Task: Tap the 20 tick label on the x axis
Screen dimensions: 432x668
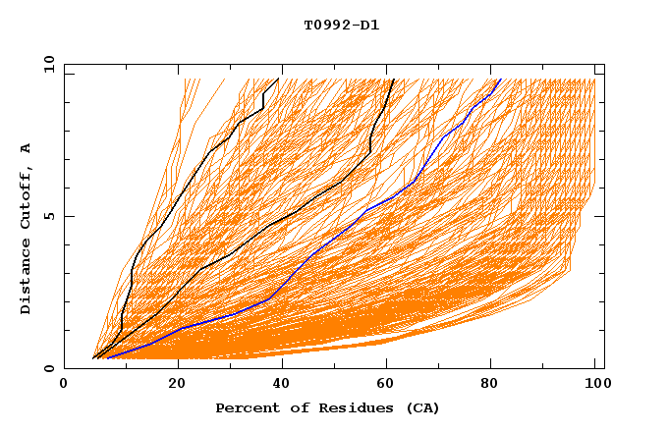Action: click(x=177, y=384)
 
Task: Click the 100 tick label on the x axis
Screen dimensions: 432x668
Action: click(x=595, y=384)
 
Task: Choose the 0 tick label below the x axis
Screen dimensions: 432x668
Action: click(x=65, y=384)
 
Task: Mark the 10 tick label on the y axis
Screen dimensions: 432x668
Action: click(x=48, y=65)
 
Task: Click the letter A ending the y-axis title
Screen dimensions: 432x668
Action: click(x=27, y=148)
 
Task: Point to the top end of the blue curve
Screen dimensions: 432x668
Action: click(x=500, y=80)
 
